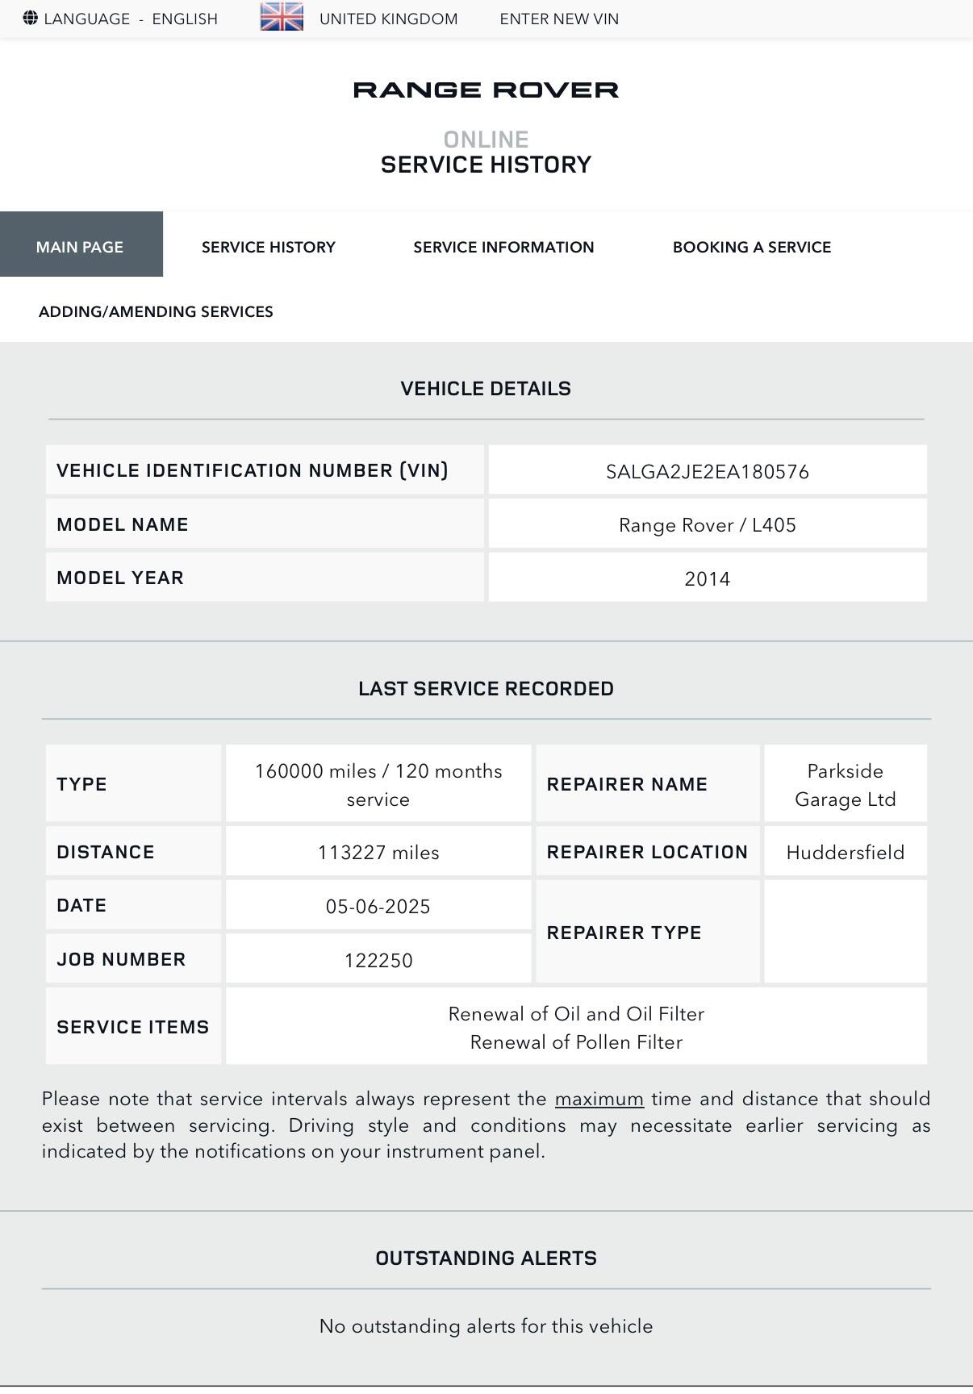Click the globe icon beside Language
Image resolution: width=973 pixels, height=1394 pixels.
[x=30, y=18]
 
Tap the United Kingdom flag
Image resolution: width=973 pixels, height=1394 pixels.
[x=282, y=17]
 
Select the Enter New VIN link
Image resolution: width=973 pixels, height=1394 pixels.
[x=559, y=19]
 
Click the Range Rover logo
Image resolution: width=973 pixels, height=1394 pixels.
[x=486, y=90]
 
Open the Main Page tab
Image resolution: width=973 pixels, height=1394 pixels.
[x=80, y=247]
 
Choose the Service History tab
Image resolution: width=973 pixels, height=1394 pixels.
[x=269, y=247]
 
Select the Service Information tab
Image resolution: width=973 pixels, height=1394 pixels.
[x=503, y=247]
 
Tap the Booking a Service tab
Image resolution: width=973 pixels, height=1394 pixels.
[x=752, y=247]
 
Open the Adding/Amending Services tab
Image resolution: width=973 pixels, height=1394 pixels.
[x=156, y=311]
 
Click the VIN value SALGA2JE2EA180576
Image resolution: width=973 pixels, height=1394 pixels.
[x=708, y=472]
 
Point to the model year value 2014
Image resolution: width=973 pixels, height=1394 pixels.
[x=708, y=579]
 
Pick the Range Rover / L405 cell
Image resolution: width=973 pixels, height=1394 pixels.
[x=708, y=525]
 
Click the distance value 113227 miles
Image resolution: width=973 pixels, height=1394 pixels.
[x=378, y=853]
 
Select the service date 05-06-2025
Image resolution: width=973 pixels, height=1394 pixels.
[x=378, y=907]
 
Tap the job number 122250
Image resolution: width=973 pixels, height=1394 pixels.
[x=378, y=960]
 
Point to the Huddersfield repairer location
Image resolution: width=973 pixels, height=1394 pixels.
[x=845, y=853]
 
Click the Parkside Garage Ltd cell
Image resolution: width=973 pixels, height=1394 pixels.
[x=845, y=785]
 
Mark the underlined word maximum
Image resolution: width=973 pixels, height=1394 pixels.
[x=599, y=1099]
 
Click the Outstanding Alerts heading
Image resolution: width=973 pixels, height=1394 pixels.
[x=486, y=1258]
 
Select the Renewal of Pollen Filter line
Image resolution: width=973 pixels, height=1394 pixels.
[x=576, y=1042]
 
